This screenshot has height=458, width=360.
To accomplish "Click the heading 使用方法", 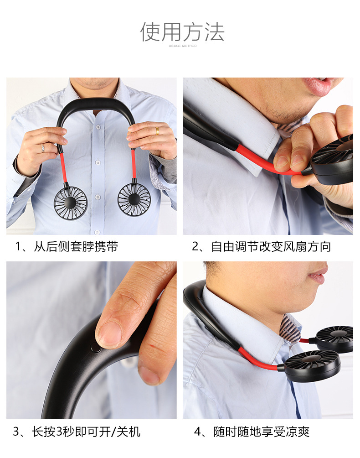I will point(182,32).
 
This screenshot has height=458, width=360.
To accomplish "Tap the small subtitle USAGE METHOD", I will point(182,46).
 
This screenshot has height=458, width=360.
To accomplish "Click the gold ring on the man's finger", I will point(157,131).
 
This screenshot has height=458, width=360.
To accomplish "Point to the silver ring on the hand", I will point(42,148).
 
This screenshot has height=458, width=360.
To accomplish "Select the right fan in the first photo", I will point(134,199).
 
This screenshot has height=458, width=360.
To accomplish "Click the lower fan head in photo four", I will point(311,365).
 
